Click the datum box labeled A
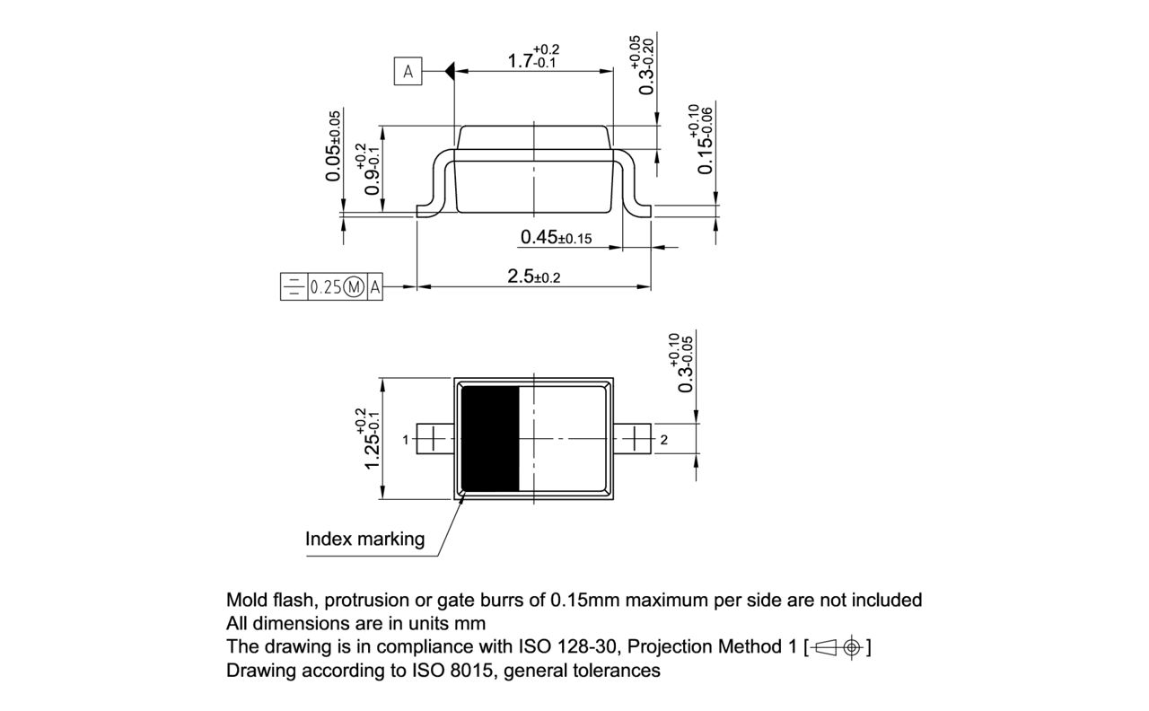click(x=408, y=72)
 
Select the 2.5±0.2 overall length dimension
click(x=533, y=276)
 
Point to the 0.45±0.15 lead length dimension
click(x=556, y=238)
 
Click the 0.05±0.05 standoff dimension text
click(x=334, y=146)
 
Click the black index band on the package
click(x=490, y=438)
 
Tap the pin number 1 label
click(x=406, y=440)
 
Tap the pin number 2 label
click(x=663, y=440)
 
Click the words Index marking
click(x=364, y=539)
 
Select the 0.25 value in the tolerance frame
click(x=325, y=288)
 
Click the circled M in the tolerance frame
click(x=355, y=288)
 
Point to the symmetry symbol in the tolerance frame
click(x=294, y=288)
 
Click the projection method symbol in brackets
click(x=838, y=646)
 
